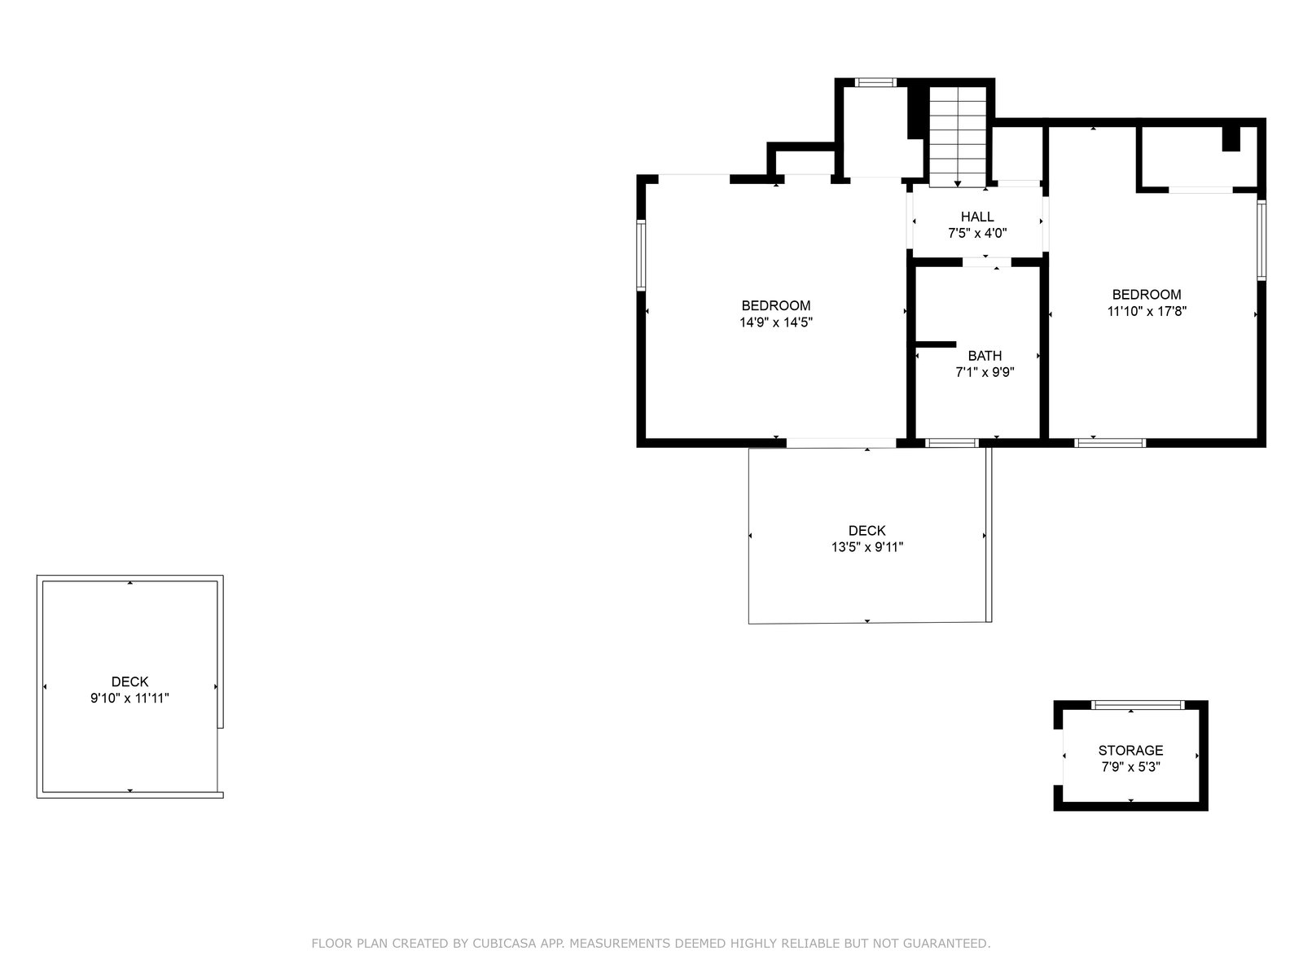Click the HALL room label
click(x=976, y=217)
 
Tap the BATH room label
click(x=985, y=356)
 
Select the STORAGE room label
click(x=1130, y=750)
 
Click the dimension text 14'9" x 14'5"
click(x=775, y=322)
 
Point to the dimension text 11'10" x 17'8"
click(x=1147, y=311)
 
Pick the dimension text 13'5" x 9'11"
click(x=866, y=547)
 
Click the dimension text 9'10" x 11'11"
click(x=129, y=699)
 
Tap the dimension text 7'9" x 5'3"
click(x=1130, y=766)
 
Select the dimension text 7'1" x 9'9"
click(x=985, y=373)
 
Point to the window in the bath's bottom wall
click(x=951, y=443)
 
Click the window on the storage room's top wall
click(x=1138, y=705)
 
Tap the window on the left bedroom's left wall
click(x=641, y=255)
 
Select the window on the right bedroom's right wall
click(x=1261, y=239)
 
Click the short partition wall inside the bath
click(x=936, y=344)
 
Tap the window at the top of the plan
click(x=875, y=82)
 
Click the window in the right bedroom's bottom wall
click(x=1109, y=443)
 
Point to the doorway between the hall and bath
click(x=986, y=261)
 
